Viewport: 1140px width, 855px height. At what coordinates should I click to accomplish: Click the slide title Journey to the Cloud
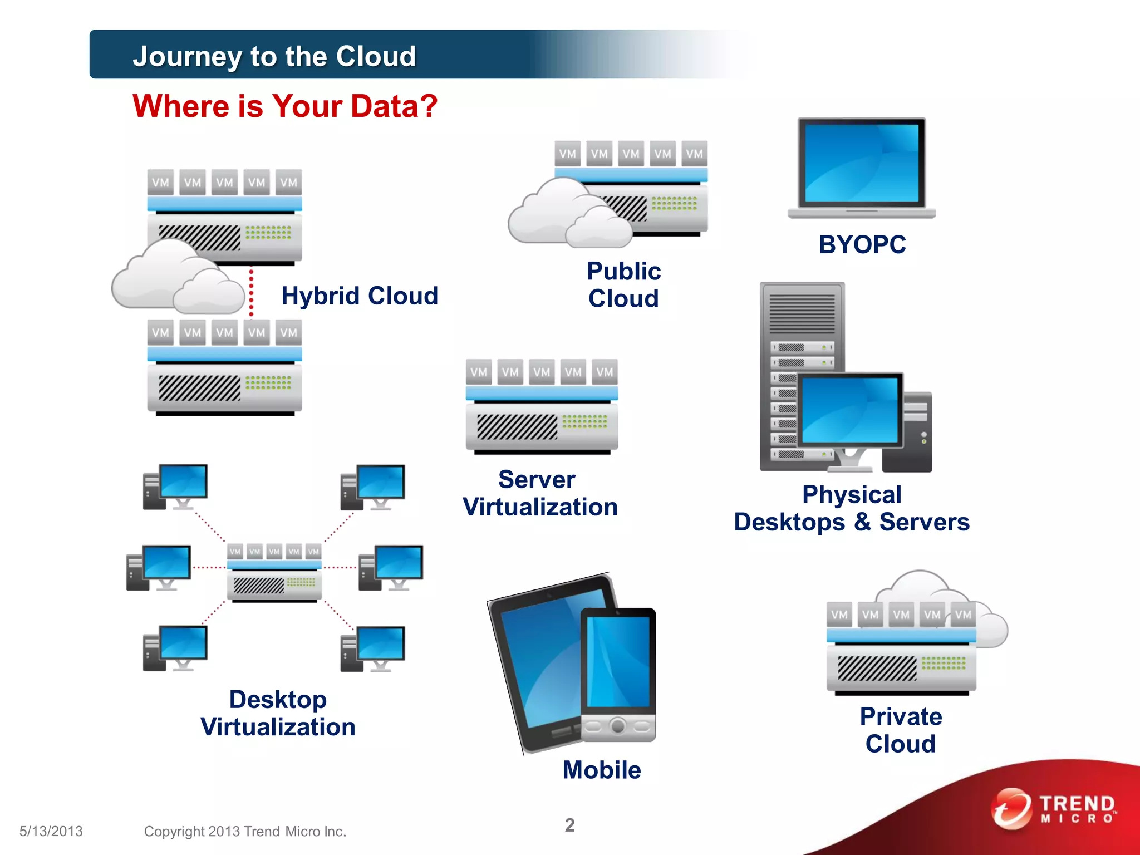coord(274,56)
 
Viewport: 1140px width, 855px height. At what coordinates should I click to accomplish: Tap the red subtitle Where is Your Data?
coord(285,106)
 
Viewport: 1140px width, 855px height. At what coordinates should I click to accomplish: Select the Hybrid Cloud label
coord(360,296)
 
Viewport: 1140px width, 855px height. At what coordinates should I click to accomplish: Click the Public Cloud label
coord(623,284)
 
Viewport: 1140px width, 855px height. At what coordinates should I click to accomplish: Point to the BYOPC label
coord(862,244)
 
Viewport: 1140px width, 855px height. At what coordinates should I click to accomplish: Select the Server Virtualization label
coord(540,493)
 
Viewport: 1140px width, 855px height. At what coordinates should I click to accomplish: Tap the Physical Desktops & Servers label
coord(852,508)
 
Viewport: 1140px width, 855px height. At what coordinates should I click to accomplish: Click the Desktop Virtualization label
coord(278,713)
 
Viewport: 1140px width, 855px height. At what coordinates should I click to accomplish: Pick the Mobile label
coord(602,770)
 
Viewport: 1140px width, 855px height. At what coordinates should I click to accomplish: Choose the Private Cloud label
coord(901,730)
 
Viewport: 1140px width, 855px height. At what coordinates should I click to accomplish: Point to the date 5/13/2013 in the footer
coord(51,831)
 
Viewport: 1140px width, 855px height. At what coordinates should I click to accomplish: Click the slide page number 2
coord(569,825)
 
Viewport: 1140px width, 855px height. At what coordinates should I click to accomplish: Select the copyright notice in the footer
coord(245,831)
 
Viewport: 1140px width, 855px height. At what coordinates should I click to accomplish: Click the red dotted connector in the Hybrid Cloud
coord(251,293)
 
